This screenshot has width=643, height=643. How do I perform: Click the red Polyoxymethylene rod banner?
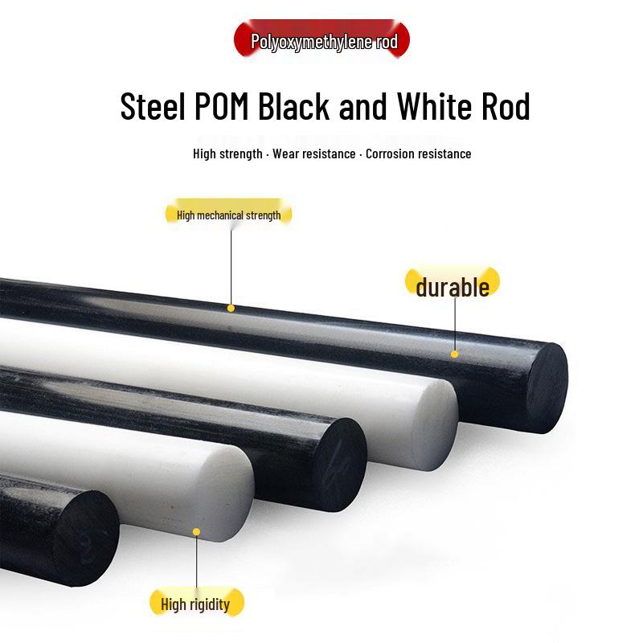(x=322, y=39)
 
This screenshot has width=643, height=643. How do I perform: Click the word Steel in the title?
(x=153, y=106)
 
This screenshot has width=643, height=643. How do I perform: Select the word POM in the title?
(x=222, y=106)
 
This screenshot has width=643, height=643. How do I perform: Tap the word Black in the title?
(x=293, y=106)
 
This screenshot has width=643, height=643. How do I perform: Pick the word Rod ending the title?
(x=506, y=106)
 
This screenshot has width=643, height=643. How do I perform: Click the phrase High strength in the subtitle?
(x=227, y=154)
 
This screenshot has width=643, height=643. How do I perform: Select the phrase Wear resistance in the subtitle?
(x=314, y=154)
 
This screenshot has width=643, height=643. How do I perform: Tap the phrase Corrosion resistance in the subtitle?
(x=418, y=154)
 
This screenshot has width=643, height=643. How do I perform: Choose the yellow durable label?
(x=453, y=284)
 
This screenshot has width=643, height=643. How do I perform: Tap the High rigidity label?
(x=195, y=603)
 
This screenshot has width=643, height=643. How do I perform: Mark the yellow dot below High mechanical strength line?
(x=231, y=309)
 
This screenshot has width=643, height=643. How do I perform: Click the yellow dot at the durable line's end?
(x=454, y=354)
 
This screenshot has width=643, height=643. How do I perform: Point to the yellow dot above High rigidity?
(x=196, y=532)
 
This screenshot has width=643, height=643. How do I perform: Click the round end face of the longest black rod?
(x=547, y=388)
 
